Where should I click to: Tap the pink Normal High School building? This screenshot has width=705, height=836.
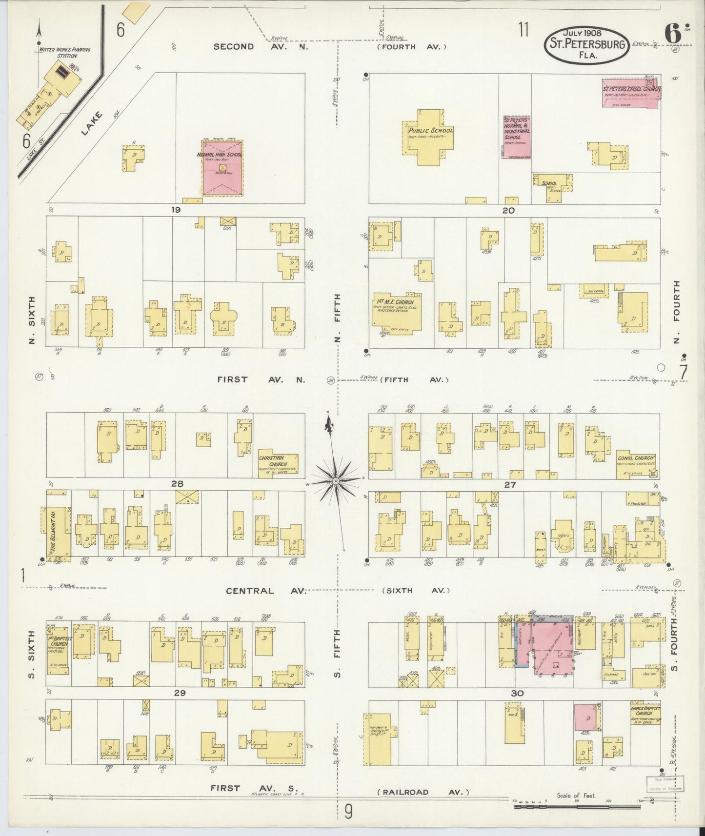[x=222, y=168]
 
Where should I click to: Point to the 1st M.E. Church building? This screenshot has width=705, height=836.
[x=396, y=311]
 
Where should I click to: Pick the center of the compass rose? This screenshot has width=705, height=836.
[x=336, y=481]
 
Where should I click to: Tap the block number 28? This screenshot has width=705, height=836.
[x=177, y=484]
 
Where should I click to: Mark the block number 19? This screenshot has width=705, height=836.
[x=176, y=210]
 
